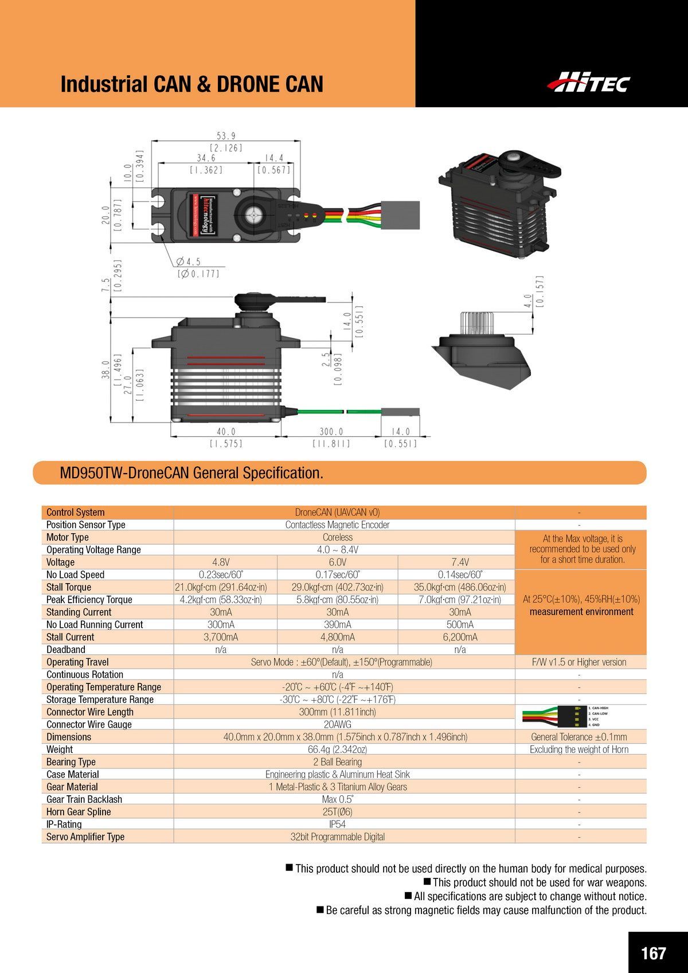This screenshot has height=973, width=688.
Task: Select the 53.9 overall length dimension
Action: coord(226,136)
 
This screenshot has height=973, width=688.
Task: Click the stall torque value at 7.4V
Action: coord(460,587)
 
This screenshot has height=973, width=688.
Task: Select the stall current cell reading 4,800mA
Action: coord(338,637)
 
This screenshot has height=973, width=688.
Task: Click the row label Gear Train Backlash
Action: coord(84,799)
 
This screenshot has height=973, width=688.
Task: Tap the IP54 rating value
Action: coord(338,824)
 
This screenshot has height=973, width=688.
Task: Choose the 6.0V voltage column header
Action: coord(338,562)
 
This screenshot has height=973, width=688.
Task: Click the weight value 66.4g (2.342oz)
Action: coord(338,749)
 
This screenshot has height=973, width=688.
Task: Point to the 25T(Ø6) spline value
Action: coord(338,812)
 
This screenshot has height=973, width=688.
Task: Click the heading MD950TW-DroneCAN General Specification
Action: coord(191,473)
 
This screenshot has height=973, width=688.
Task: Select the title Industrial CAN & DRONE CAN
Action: coord(192,84)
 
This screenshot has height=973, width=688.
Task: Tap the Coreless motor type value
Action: coord(338,537)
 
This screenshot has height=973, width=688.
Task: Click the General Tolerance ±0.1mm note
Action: coord(579,737)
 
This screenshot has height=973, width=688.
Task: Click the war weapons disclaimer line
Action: coord(539,882)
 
